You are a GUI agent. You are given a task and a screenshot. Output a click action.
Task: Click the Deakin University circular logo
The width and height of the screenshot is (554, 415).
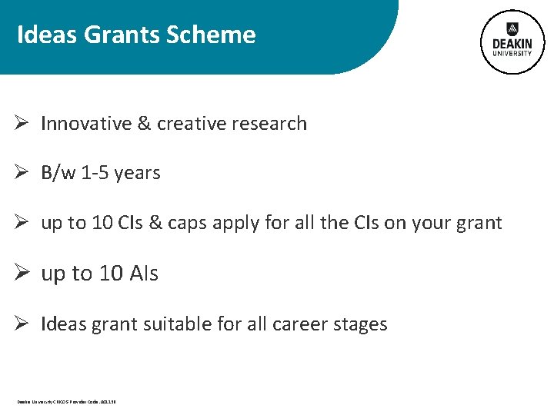[512, 43]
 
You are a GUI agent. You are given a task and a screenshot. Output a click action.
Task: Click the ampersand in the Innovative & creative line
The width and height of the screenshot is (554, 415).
[144, 124]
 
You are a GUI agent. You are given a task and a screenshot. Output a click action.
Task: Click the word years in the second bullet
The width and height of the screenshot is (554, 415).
[138, 174]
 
